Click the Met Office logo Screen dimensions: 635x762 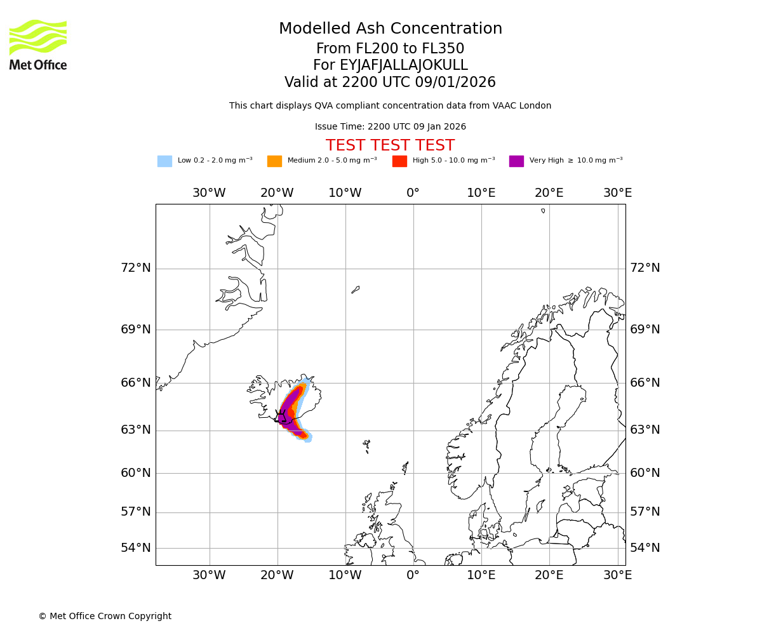[38, 44]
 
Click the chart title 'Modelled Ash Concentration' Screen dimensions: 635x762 [391, 29]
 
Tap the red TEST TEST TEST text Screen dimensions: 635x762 [390, 146]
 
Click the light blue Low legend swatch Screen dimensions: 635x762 [164, 161]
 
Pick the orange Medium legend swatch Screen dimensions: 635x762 [274, 161]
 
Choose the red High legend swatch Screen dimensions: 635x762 [399, 161]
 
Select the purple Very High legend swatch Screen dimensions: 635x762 [516, 161]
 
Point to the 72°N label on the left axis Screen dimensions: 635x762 [136, 268]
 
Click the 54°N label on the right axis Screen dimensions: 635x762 [645, 548]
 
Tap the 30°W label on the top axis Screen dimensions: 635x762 [209, 193]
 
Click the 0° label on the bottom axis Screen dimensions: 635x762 [413, 575]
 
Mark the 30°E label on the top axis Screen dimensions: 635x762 [617, 193]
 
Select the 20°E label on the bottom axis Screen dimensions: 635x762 [549, 575]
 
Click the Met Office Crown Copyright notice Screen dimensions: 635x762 [105, 616]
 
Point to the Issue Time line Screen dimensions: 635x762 [391, 127]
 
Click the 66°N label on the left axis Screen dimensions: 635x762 [136, 383]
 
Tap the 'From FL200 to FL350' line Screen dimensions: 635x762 [391, 49]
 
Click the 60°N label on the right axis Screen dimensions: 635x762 [645, 473]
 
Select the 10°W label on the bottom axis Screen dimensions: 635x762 [345, 575]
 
